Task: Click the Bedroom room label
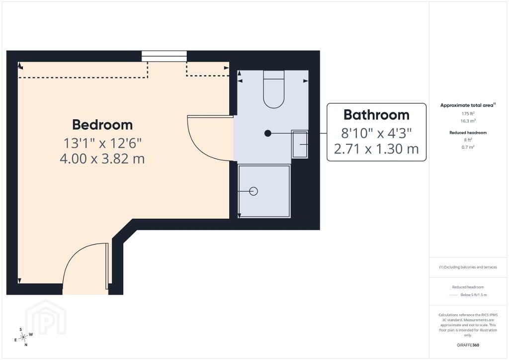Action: coord(102,125)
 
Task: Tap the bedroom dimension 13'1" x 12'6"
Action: coord(102,143)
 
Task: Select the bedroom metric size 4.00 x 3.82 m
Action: coord(102,159)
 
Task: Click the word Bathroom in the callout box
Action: coord(376,115)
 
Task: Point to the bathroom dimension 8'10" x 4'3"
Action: coord(376,133)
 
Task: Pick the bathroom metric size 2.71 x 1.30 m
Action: coord(376,149)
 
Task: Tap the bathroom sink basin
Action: coord(300,144)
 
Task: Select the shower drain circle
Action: coord(254,191)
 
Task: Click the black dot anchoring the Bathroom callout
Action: coord(268,133)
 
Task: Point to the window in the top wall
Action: coord(164,56)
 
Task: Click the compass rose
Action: coord(23,337)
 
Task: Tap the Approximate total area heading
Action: coord(468,105)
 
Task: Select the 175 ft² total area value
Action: coord(468,113)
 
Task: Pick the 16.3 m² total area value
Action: coord(468,121)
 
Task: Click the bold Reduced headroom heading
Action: coord(468,132)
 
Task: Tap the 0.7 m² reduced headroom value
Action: coord(468,147)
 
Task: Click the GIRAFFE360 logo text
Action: coord(468,345)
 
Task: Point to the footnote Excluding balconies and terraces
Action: coord(468,267)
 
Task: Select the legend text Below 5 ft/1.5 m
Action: coord(474,295)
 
